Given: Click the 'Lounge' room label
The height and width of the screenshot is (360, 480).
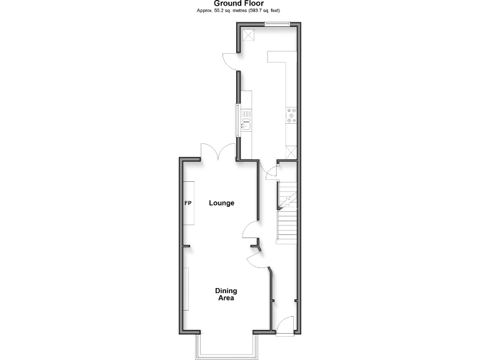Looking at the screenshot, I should [222, 203].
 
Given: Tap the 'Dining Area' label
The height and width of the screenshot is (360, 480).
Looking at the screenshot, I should [226, 294].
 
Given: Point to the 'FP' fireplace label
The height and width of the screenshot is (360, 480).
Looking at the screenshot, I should [187, 204].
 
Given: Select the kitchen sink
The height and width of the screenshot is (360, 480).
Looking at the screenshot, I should [246, 124].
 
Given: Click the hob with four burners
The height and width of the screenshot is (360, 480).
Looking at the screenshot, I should [291, 116].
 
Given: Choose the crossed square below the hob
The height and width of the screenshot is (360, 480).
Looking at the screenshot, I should [291, 151].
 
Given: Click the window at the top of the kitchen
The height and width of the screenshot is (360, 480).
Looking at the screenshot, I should [276, 24].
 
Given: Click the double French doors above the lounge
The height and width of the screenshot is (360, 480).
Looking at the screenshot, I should [218, 151].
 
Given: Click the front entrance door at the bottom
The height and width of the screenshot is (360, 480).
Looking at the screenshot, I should [284, 326].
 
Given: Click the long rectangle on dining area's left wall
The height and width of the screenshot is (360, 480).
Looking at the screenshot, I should [186, 288].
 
